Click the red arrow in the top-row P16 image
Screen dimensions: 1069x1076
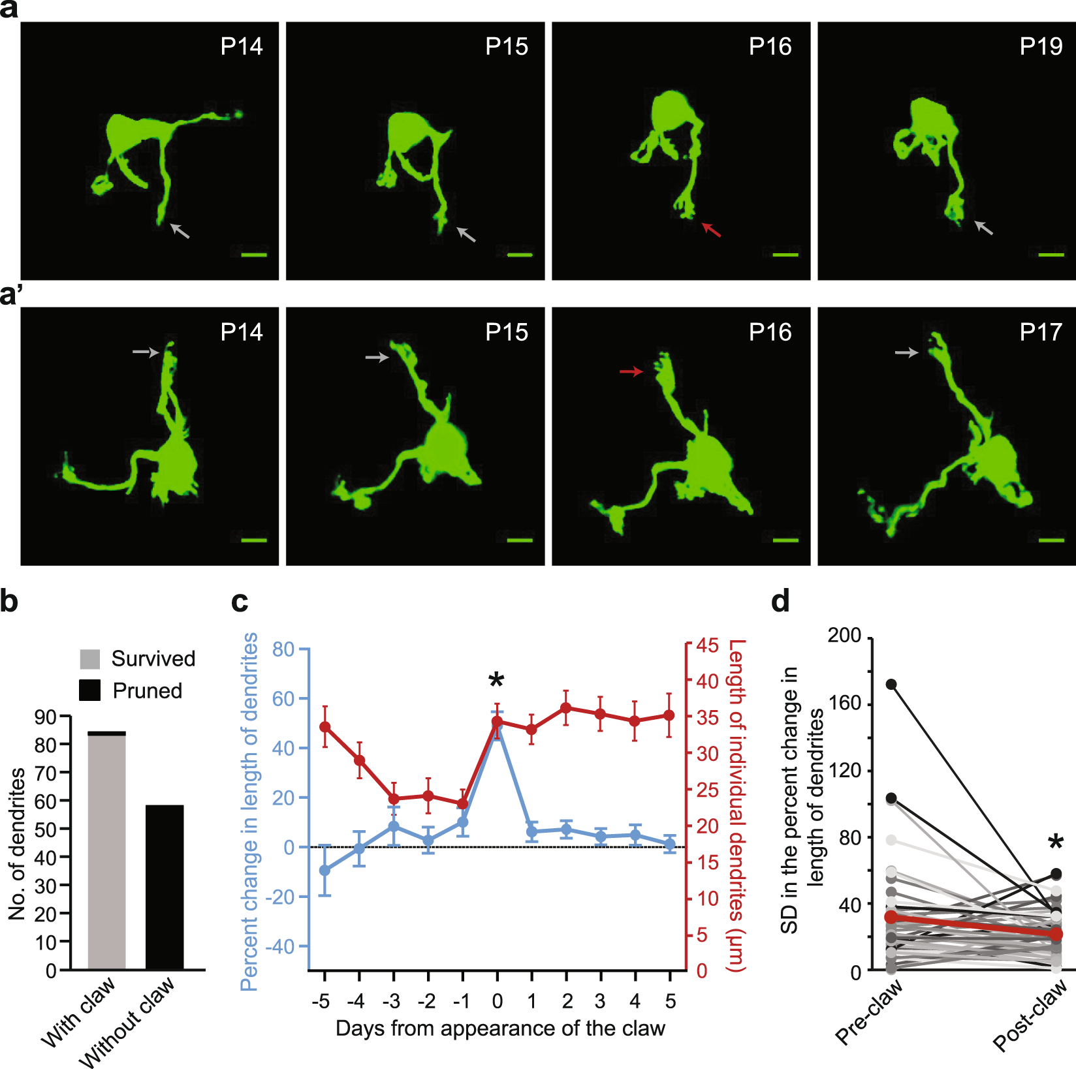coord(712,230)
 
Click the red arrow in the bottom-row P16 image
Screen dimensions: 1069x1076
coord(631,371)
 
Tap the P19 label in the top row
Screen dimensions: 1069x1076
coord(1041,46)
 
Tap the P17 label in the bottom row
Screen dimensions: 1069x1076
coord(1041,332)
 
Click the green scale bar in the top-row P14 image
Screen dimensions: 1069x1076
coord(254,255)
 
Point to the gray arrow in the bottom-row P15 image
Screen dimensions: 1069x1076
coord(377,357)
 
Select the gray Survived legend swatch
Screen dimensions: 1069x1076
coord(90,658)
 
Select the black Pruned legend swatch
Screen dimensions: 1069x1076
coord(90,690)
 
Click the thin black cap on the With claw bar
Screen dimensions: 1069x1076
coord(106,734)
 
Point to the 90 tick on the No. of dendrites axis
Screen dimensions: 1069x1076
coord(46,717)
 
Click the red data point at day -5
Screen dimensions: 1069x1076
coord(324,727)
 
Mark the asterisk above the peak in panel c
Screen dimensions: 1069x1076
coord(496,681)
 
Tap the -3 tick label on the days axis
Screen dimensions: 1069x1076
coord(392,1000)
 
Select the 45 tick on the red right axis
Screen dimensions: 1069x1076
coord(707,645)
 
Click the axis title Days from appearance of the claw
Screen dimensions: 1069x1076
coord(500,1029)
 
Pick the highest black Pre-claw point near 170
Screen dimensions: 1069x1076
coord(891,684)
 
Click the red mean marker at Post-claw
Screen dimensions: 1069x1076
coord(1056,934)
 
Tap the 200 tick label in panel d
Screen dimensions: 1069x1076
coord(844,635)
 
